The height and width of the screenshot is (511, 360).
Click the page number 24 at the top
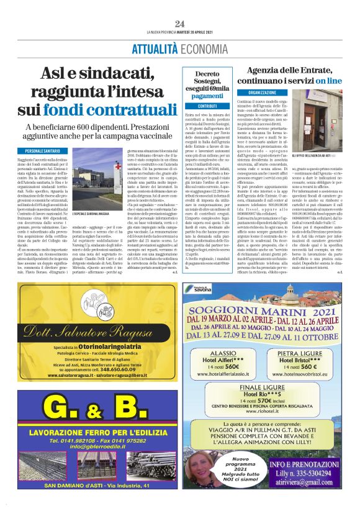tap(179, 24)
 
